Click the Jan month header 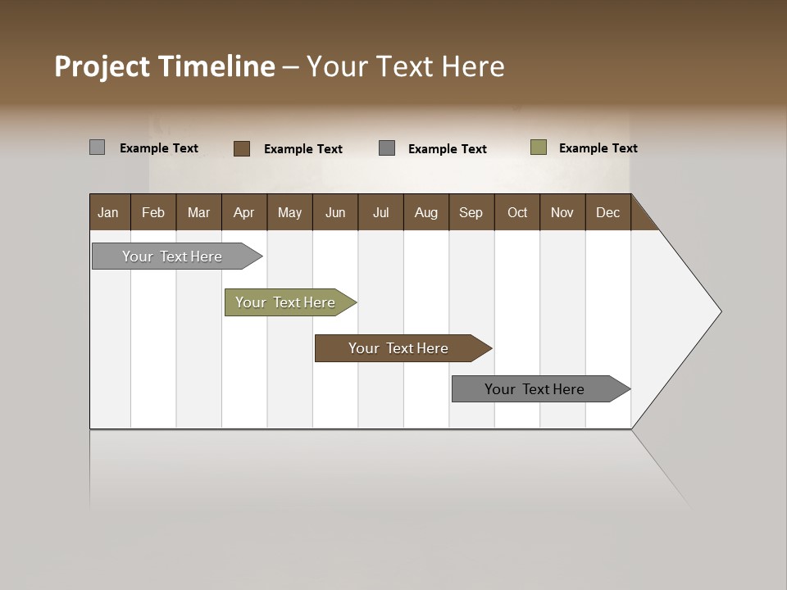[109, 212]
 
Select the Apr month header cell [244, 212]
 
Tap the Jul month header [380, 212]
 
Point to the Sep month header [471, 212]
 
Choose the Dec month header [607, 212]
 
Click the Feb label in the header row [153, 212]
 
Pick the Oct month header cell [517, 212]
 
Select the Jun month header [335, 212]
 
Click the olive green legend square [539, 147]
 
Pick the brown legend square [242, 148]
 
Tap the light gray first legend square [98, 147]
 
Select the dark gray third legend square [387, 148]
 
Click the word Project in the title [102, 66]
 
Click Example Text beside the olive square [598, 148]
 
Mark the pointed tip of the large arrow [721, 311]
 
